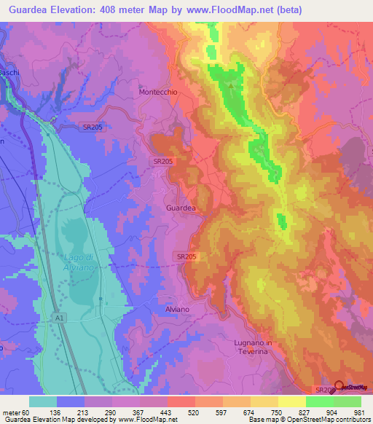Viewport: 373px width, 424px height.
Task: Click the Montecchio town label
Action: tap(158, 93)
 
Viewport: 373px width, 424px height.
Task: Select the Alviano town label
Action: tap(173, 310)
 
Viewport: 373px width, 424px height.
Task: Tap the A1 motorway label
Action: tap(58, 318)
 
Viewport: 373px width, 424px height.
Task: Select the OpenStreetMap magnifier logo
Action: tap(339, 387)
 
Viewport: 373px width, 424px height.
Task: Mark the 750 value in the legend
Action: tap(278, 413)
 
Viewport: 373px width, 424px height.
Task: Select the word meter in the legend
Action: tap(10, 413)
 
